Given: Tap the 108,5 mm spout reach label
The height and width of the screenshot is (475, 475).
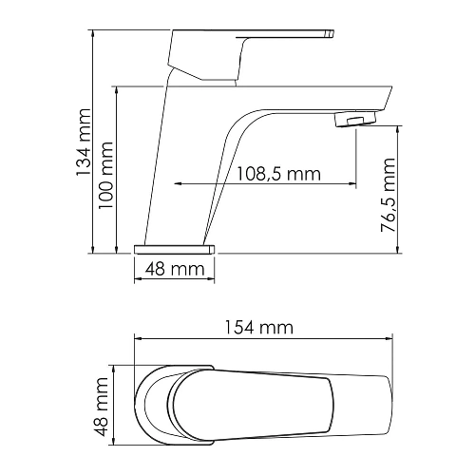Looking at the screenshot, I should pos(276,174).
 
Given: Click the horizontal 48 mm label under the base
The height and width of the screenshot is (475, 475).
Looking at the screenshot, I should pos(176,270).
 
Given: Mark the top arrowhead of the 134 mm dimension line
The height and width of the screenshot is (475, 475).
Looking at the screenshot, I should pos(93,34).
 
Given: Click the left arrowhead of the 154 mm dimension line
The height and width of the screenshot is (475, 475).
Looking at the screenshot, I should pos(139,338).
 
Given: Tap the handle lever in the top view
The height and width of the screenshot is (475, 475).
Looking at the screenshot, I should pos(275,403).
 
